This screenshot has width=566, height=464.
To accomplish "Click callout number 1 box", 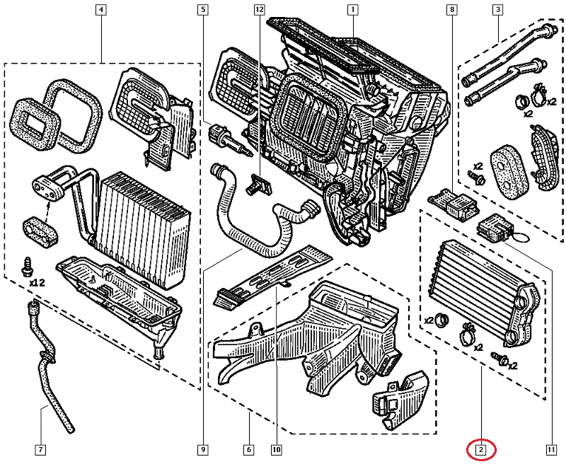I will (x=352, y=11).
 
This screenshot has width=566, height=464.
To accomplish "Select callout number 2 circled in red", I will (x=481, y=448).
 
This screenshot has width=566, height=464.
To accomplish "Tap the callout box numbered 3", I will (x=498, y=11).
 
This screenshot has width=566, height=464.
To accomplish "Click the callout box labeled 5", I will (x=203, y=11).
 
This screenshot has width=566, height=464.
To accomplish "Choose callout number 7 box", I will (x=40, y=448).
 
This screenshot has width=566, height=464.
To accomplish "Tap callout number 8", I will (x=451, y=11).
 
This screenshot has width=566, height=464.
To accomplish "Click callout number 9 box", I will (x=203, y=448).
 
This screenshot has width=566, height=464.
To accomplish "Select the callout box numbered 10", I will (x=276, y=448).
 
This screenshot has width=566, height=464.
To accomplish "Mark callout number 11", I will (x=550, y=448).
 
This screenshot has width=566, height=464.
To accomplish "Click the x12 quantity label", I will (x=37, y=282).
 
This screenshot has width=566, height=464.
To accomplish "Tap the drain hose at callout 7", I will (x=48, y=368).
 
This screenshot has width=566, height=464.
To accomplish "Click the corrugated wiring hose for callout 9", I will (x=255, y=226).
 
